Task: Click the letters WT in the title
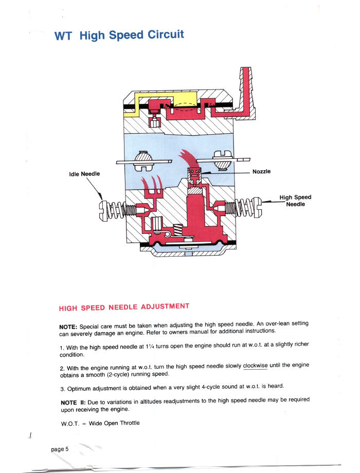coord(64,37)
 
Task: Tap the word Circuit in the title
coord(166,35)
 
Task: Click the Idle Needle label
coord(84,174)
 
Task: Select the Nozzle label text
coord(262,172)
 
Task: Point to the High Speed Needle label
coord(295,201)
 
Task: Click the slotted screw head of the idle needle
coord(103,210)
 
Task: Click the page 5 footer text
coord(60,449)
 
